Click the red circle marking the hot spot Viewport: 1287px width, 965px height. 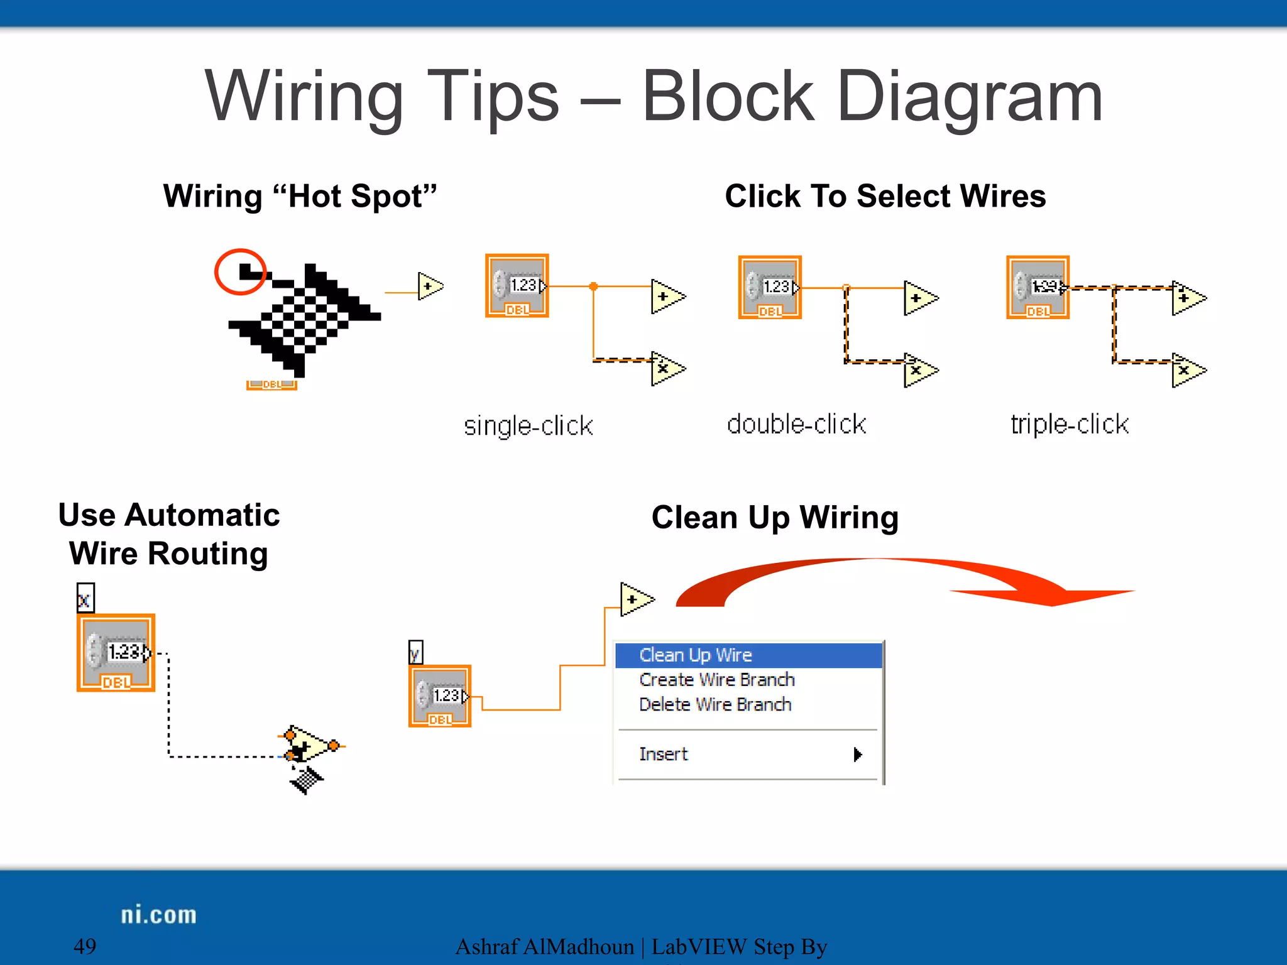(240, 271)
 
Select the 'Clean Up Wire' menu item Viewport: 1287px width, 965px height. (695, 655)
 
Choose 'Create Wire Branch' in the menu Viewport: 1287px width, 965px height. (716, 680)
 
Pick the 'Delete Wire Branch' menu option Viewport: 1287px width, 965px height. (715, 704)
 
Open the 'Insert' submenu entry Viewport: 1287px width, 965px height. (664, 754)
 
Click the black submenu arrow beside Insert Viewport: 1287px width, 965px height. (857, 754)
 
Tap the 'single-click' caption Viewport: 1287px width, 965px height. (528, 425)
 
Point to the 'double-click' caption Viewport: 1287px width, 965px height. (796, 424)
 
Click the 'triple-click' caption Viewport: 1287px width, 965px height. (1069, 424)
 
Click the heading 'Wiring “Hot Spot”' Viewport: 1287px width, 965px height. (300, 196)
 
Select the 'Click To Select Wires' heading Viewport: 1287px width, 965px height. (885, 196)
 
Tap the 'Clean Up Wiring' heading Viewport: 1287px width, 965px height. (775, 518)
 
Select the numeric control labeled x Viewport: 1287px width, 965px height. (116, 652)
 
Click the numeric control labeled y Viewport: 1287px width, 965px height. (440, 696)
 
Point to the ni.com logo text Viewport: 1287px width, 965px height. (158, 915)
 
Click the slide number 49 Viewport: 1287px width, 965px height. (85, 946)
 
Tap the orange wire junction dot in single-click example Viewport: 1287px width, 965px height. (593, 286)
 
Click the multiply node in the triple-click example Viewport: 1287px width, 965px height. (1186, 371)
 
